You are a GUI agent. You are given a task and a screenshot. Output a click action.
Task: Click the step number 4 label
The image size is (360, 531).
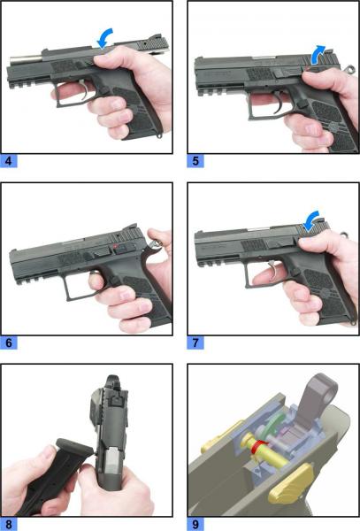[x=9, y=161]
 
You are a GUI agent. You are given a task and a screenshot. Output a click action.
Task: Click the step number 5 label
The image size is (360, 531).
[x=195, y=161]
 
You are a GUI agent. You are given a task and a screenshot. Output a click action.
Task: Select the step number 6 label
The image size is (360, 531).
[x=9, y=342]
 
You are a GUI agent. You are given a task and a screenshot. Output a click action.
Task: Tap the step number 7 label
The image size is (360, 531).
[x=195, y=342]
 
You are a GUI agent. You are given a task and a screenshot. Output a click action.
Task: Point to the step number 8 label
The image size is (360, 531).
[x=9, y=525]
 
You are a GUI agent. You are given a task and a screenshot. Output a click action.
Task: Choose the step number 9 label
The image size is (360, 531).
[x=195, y=525]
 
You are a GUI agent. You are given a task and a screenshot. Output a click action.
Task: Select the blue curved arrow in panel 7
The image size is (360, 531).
[x=311, y=219]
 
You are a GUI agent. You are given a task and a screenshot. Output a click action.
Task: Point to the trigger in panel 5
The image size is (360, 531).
[x=280, y=103]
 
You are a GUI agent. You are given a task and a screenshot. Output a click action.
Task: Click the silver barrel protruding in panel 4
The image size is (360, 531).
[x=26, y=59]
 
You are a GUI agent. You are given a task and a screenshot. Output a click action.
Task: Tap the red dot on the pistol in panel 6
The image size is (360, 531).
[x=116, y=246]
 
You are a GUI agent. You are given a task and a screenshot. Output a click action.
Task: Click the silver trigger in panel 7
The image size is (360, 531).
[x=274, y=271]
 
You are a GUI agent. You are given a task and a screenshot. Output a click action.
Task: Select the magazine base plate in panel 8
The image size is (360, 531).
[x=74, y=446]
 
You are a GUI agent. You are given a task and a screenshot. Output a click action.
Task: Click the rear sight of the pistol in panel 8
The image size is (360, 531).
[x=116, y=401]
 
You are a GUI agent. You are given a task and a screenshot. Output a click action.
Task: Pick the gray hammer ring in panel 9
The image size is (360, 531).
[x=320, y=389]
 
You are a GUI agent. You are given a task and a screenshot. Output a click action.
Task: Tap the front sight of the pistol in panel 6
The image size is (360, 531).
[x=13, y=251]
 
